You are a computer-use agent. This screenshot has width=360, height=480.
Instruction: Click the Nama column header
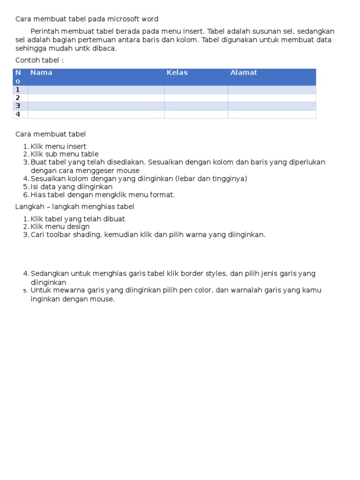point(41,73)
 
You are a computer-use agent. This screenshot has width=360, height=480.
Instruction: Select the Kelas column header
point(177,73)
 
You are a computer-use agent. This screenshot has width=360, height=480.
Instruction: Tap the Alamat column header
point(244,73)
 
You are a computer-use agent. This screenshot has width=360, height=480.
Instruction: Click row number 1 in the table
point(18,90)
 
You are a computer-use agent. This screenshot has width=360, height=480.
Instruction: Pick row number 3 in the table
point(18,106)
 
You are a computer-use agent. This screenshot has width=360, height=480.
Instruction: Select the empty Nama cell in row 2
point(96,98)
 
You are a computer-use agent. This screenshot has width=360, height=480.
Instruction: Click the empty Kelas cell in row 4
point(196,114)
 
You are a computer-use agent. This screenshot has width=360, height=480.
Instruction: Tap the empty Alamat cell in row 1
point(272,90)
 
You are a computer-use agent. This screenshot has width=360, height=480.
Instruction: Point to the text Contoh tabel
point(39,60)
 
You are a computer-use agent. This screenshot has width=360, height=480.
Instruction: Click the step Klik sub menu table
point(65,154)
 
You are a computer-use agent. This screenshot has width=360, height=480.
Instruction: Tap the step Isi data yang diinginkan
point(72,187)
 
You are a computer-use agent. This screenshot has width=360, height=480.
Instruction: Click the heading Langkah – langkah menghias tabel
point(75,207)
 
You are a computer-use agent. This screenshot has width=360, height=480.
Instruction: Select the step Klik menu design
point(60,227)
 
